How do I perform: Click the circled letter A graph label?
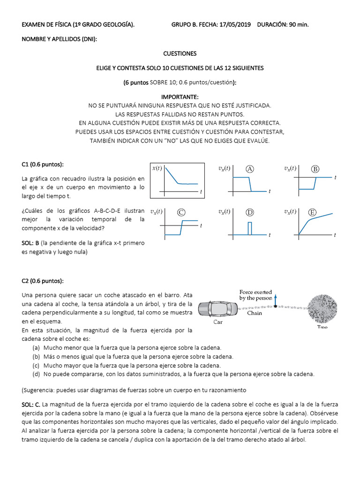tap(250, 169)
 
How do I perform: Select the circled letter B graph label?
tap(315, 169)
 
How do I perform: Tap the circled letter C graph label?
tap(181, 212)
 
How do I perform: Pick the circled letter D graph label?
tap(250, 212)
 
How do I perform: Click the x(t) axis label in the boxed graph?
tap(157, 169)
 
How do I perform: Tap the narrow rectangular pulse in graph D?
tap(250, 228)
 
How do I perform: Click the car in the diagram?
tap(218, 309)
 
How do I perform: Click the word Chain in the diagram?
tap(255, 313)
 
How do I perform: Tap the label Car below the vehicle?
tap(218, 322)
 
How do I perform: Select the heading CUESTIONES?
tap(180, 53)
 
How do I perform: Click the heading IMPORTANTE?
tap(180, 97)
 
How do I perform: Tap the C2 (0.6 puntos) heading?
tap(43, 281)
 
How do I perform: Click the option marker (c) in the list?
tap(36, 365)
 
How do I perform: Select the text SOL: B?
tap(30, 243)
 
